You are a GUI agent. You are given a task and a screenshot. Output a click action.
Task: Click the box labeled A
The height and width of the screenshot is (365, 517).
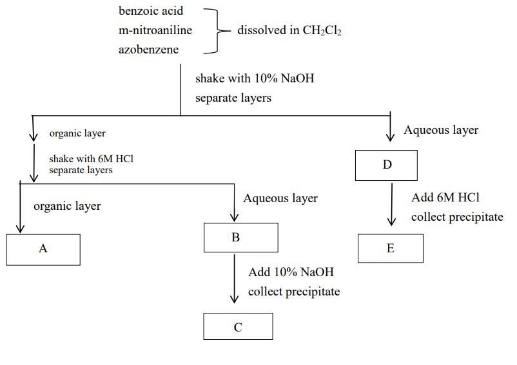click(43, 249)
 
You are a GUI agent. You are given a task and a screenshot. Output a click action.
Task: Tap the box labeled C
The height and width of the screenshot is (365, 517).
click(238, 326)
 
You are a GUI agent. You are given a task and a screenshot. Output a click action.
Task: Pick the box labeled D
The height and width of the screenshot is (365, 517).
click(387, 165)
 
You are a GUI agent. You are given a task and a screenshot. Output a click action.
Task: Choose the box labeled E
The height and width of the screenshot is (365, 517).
click(391, 248)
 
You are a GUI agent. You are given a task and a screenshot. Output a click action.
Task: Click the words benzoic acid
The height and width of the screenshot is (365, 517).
click(151, 11)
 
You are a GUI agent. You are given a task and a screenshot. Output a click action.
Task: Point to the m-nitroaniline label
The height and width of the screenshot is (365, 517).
click(155, 30)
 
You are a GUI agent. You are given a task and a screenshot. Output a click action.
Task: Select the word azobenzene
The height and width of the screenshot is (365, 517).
click(148, 49)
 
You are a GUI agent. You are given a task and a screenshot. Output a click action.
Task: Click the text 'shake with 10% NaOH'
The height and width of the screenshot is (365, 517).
click(255, 79)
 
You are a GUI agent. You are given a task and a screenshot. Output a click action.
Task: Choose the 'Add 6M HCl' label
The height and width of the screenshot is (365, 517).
click(445, 198)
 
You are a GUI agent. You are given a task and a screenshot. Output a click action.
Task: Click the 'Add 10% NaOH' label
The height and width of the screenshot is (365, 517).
click(291, 272)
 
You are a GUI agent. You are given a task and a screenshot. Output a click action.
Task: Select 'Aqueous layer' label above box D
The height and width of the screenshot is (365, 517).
click(441, 130)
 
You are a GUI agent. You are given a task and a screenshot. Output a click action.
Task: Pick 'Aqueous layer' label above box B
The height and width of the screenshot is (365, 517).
click(280, 198)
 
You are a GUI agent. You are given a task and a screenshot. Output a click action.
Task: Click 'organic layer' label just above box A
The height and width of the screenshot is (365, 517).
click(67, 207)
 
